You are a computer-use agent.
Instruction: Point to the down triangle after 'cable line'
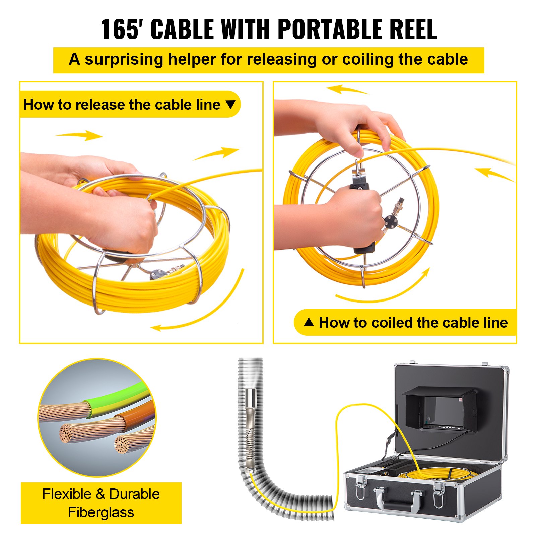[x=230, y=105]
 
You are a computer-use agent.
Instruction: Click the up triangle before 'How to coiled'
[x=309, y=322]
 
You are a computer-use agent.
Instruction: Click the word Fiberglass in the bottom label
[x=101, y=512]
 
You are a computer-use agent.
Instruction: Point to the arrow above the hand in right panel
[x=347, y=90]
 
